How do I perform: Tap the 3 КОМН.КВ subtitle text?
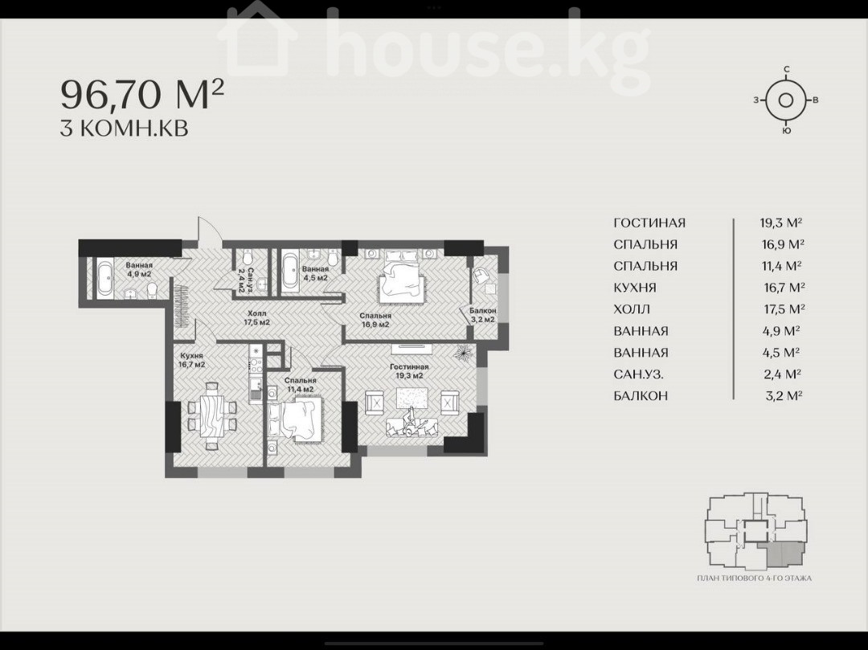click(124, 129)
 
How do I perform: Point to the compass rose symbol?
click(785, 100)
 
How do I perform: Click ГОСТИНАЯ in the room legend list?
click(649, 223)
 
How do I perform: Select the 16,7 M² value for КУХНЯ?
click(784, 287)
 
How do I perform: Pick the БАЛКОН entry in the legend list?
click(641, 395)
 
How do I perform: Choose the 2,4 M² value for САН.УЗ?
click(783, 374)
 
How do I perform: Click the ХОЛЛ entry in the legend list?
click(632, 309)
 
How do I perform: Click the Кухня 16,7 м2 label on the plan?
click(191, 360)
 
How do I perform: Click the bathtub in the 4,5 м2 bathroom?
click(289, 270)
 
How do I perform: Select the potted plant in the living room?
click(464, 353)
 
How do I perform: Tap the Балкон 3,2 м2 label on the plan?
click(483, 315)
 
